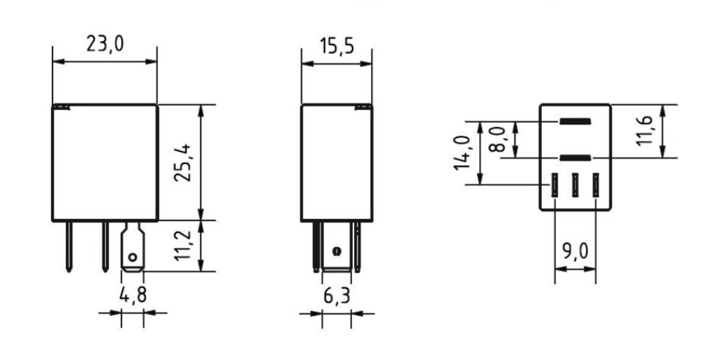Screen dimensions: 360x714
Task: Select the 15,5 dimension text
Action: pos(337,47)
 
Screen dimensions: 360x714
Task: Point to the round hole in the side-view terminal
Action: pos(335,251)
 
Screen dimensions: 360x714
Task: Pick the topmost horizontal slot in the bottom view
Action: pos(575,121)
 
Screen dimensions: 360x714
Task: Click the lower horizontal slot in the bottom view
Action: pos(575,158)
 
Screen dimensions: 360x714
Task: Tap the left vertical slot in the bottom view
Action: pos(555,185)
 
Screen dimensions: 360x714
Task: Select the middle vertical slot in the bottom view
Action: pos(575,185)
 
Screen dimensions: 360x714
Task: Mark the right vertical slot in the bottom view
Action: pos(595,185)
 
